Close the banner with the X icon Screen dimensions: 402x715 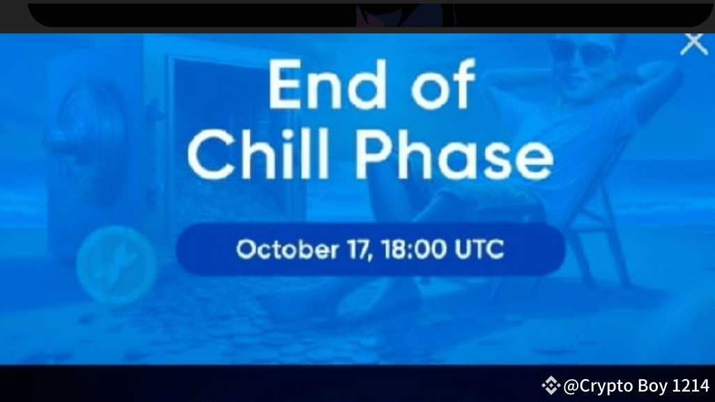pos(693,43)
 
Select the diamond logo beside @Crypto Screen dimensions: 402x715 pos(551,384)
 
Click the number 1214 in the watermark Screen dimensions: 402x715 pos(691,384)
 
